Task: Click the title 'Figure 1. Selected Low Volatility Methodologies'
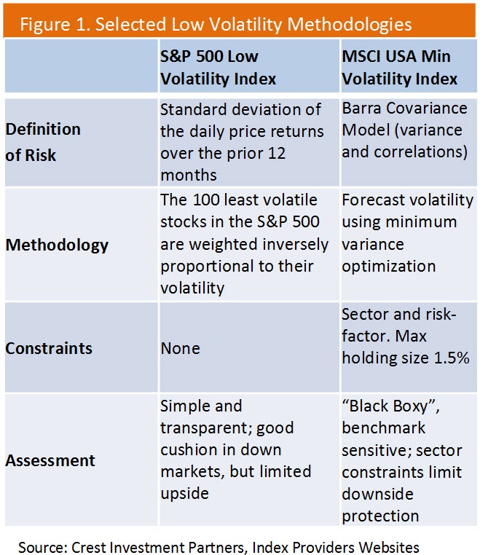click(x=215, y=24)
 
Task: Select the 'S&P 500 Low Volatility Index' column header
click(x=218, y=67)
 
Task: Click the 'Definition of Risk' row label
click(x=43, y=142)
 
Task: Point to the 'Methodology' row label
click(x=57, y=245)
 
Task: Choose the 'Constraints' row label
click(x=49, y=348)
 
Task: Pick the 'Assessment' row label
click(x=50, y=460)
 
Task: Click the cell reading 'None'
click(x=180, y=348)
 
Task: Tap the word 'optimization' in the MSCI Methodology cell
click(x=388, y=266)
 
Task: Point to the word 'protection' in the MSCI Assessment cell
click(x=380, y=516)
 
